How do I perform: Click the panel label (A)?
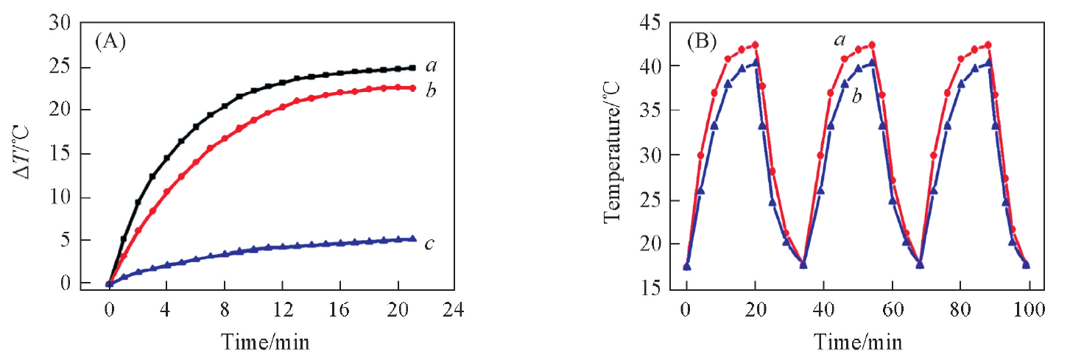pyautogui.click(x=110, y=41)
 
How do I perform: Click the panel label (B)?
pyautogui.click(x=701, y=41)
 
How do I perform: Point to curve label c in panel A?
pyautogui.click(x=429, y=244)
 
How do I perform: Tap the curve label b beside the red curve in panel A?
pyautogui.click(x=432, y=91)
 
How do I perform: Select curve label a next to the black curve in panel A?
pyautogui.click(x=431, y=66)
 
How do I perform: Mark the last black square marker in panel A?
pyautogui.click(x=413, y=68)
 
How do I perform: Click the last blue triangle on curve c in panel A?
pyautogui.click(x=413, y=239)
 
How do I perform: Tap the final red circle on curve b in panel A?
pyautogui.click(x=413, y=88)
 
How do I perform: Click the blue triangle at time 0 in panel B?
pyautogui.click(x=687, y=267)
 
